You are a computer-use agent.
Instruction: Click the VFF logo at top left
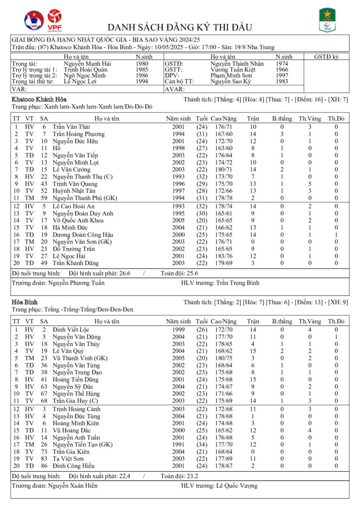(34, 20)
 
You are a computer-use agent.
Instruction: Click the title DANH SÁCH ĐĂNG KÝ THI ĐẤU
(180, 27)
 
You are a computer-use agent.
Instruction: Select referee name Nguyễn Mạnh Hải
(88, 64)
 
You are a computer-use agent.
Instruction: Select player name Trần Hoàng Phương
(79, 134)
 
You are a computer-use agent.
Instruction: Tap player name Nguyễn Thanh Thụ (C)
(83, 176)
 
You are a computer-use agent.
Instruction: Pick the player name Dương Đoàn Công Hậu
(83, 234)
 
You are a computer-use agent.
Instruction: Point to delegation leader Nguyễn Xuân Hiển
(73, 485)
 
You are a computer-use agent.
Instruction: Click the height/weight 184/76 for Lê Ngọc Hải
(221, 255)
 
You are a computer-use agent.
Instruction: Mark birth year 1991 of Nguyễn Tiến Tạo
(178, 444)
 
